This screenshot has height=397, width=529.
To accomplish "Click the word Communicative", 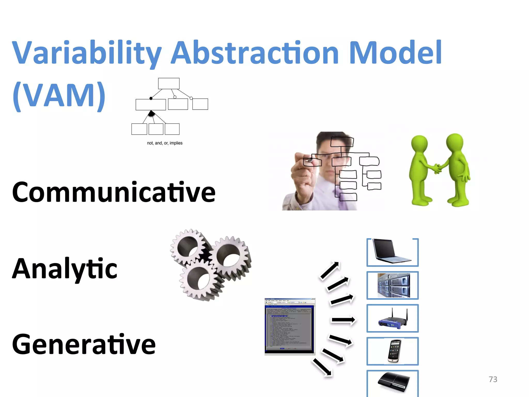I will pos(114,192).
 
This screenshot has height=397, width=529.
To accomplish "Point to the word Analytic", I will pos(65,269).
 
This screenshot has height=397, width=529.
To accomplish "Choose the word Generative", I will pos(84,344).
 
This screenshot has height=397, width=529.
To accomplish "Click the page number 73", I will pos(493,379).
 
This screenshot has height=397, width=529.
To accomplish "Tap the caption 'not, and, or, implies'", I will pos(165,143).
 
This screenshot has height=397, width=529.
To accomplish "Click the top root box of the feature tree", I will pos(169,83).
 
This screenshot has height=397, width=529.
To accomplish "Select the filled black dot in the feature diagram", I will pos(151,98).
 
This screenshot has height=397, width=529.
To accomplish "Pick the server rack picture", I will pos(393,285).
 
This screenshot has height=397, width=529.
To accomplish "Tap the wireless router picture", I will pos(393,318).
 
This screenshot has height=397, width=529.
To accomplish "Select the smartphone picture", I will pos(394,351).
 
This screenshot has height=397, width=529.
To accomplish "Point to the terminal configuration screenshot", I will pos(290,326).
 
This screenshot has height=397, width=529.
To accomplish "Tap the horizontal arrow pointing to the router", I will pos(343,320).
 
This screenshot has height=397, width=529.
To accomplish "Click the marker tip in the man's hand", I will pos(311,161).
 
